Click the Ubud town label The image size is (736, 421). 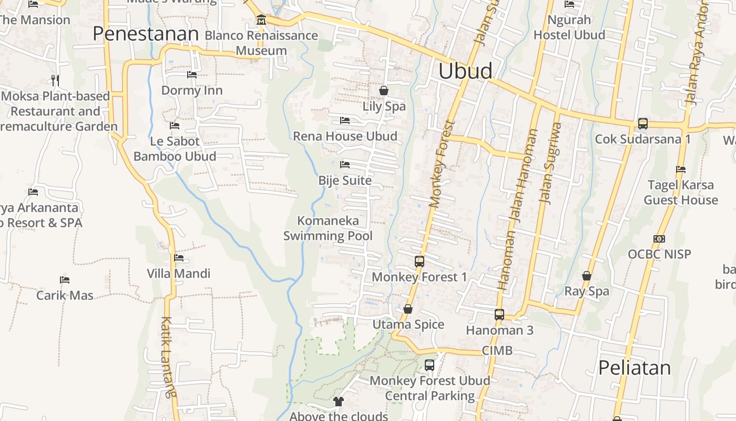(465, 71)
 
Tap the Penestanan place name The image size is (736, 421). (146, 34)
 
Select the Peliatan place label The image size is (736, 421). (635, 368)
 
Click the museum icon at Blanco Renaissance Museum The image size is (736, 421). (261, 21)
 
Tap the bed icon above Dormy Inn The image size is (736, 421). (192, 75)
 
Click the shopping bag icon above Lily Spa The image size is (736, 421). (384, 91)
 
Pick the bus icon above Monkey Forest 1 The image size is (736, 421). (419, 261)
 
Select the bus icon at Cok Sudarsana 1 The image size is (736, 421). (642, 124)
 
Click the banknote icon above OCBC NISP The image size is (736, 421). (659, 239)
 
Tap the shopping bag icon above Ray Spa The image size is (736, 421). (587, 276)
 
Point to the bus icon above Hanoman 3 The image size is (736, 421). (499, 315)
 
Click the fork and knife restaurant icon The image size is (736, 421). (55, 80)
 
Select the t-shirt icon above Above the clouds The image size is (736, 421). (338, 402)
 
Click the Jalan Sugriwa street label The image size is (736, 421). (550, 163)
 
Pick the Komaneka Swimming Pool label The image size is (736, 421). (328, 228)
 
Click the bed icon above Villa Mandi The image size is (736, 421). (179, 258)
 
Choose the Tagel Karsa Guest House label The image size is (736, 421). (680, 193)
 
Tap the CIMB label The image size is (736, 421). (497, 351)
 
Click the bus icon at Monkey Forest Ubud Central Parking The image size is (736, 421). (430, 365)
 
